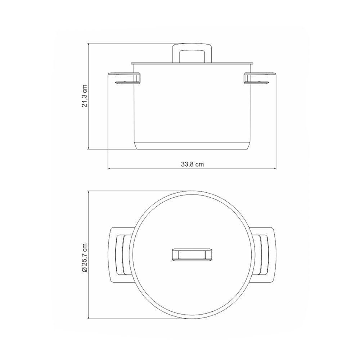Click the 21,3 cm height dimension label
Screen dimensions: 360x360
(x=85, y=96)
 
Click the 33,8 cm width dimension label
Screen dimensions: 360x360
(x=192, y=165)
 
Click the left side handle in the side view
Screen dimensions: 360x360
(x=124, y=78)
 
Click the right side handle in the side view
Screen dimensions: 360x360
(x=260, y=78)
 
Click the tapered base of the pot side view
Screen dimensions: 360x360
(x=192, y=146)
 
